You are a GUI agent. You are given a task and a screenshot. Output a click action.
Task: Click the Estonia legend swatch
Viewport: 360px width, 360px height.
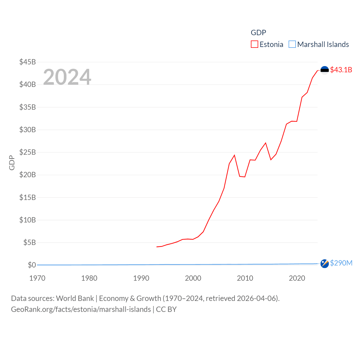tap(254, 44)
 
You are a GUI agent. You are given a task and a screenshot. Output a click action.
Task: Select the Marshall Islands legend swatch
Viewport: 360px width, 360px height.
tap(292, 44)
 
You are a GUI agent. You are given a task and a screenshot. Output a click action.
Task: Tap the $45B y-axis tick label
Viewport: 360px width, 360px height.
tap(28, 62)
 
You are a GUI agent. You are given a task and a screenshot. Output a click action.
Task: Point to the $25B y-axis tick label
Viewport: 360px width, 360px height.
tap(28, 152)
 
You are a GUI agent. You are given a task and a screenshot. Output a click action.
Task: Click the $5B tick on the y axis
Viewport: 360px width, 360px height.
tap(30, 242)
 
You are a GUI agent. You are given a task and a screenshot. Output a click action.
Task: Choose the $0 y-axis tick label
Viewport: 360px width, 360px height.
tap(32, 265)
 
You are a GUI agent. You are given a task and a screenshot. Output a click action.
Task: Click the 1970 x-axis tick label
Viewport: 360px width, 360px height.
tap(37, 278)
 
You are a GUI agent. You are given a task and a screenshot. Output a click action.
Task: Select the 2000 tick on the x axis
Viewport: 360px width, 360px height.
tap(193, 278)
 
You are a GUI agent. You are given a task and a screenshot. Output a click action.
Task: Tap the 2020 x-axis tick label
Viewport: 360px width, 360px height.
tap(297, 278)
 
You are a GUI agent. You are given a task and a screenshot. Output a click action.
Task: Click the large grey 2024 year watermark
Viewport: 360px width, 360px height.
tap(67, 77)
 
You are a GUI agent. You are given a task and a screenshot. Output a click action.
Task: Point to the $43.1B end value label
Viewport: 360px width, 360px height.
tap(341, 70)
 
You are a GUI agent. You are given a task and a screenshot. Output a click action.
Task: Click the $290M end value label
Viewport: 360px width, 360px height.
tap(341, 263)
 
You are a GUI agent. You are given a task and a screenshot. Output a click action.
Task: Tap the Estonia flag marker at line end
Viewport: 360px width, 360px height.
tap(325, 70)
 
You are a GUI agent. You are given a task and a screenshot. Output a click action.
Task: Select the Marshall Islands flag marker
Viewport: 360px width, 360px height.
tap(325, 264)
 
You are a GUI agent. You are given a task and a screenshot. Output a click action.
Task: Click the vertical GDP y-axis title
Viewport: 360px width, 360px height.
tap(12, 163)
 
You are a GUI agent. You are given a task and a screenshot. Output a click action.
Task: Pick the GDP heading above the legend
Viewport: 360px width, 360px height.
tap(258, 33)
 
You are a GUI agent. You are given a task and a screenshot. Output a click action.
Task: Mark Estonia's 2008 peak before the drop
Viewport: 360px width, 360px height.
tap(234, 155)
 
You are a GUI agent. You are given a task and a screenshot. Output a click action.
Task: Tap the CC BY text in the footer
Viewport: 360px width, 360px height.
tap(166, 309)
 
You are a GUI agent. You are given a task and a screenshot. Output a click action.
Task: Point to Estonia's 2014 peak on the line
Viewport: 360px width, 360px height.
tap(265, 143)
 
